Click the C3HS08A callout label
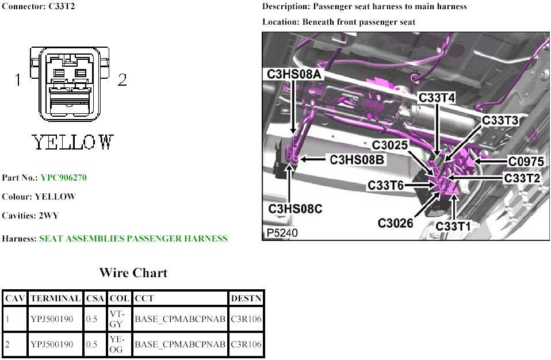(294, 74)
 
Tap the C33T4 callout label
(437, 98)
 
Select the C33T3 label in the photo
(500, 120)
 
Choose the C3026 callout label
(396, 222)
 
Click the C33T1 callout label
(453, 227)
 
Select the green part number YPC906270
(63, 178)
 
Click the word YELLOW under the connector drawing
(72, 142)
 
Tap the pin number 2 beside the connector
(122, 80)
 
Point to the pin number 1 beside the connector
(18, 80)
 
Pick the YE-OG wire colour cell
(116, 344)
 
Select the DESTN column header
(246, 298)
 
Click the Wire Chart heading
(133, 273)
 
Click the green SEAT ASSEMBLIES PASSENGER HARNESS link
(133, 238)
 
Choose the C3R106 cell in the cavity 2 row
(246, 344)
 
